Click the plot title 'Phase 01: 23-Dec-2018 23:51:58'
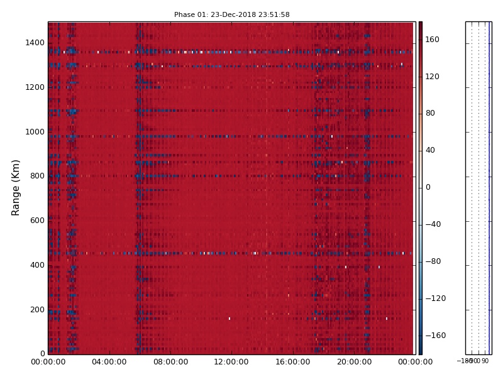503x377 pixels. (x=231, y=14)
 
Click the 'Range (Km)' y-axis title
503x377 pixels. (x=16, y=187)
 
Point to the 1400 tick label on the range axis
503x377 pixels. (x=35, y=43)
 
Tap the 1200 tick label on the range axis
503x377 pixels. (x=35, y=87)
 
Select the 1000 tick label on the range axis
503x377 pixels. (x=35, y=132)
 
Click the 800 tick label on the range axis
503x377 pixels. (x=36, y=176)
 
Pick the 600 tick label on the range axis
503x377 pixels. (x=36, y=221)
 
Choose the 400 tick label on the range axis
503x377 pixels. (x=36, y=265)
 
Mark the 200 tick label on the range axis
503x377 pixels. (x=36, y=310)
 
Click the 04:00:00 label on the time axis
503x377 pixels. (x=109, y=362)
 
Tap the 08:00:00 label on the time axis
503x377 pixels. (x=170, y=362)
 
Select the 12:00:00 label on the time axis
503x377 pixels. (x=231, y=362)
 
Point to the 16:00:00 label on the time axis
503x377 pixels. (x=293, y=362)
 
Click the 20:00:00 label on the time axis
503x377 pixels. (x=354, y=362)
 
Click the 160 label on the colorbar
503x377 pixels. (x=433, y=40)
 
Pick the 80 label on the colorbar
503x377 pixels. (x=431, y=113)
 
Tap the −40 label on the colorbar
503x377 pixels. (x=433, y=224)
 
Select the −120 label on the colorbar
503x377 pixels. (x=434, y=298)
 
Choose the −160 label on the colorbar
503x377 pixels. (x=434, y=336)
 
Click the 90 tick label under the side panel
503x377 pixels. (x=485, y=361)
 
